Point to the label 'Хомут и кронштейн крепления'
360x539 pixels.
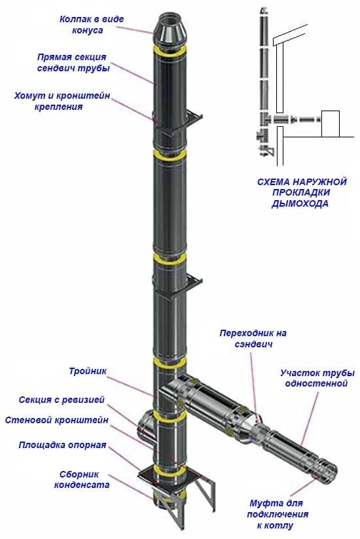pyautogui.click(x=62, y=101)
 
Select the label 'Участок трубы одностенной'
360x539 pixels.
pyautogui.click(x=313, y=378)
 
